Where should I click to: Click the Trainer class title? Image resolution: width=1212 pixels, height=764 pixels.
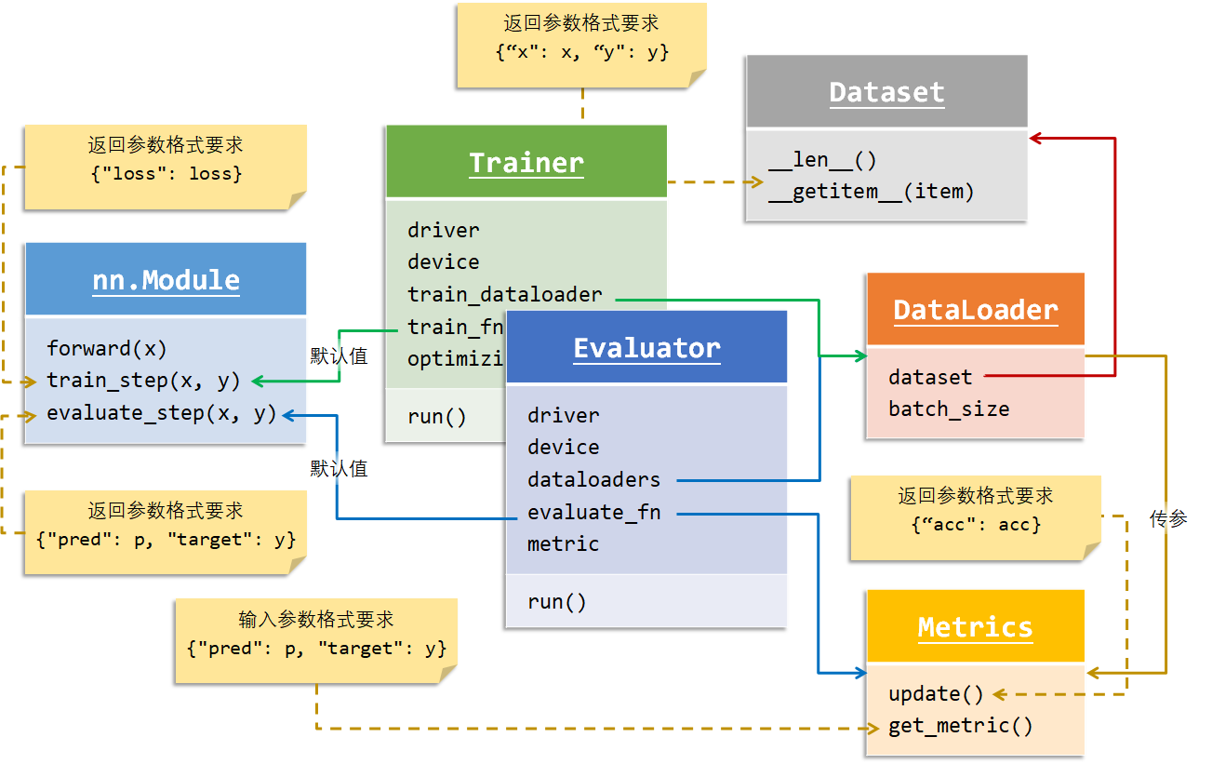tap(526, 163)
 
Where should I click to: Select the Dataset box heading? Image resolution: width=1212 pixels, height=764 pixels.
tap(886, 92)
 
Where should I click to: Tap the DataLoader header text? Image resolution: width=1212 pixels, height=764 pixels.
tap(975, 310)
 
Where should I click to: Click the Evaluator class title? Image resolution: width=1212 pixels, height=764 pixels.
tap(646, 348)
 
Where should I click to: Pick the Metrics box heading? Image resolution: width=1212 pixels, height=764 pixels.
tap(975, 627)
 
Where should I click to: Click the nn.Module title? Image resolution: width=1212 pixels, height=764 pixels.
tap(166, 280)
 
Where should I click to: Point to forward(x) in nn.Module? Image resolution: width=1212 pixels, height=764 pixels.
tap(107, 349)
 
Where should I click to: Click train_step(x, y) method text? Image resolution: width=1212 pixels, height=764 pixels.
tap(143, 381)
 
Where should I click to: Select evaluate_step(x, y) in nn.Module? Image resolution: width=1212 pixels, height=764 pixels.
tap(162, 413)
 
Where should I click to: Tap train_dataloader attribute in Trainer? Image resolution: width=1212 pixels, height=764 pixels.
tap(505, 295)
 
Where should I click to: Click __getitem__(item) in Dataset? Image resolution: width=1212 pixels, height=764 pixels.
tap(872, 192)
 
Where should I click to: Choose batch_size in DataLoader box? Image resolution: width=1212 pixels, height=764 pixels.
tap(949, 409)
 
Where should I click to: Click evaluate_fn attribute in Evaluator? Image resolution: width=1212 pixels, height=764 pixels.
tap(593, 512)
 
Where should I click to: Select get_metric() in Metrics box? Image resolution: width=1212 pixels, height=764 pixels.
tap(960, 726)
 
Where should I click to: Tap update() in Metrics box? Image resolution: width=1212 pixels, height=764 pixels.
tap(936, 694)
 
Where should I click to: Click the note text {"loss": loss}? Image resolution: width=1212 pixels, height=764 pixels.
tap(166, 173)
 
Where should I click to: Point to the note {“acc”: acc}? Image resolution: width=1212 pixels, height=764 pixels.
tap(976, 524)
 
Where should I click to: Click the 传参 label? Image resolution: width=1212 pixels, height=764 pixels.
tap(1168, 519)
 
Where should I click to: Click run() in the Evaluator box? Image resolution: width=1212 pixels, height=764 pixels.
tap(557, 602)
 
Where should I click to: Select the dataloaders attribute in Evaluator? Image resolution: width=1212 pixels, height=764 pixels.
tap(593, 480)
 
